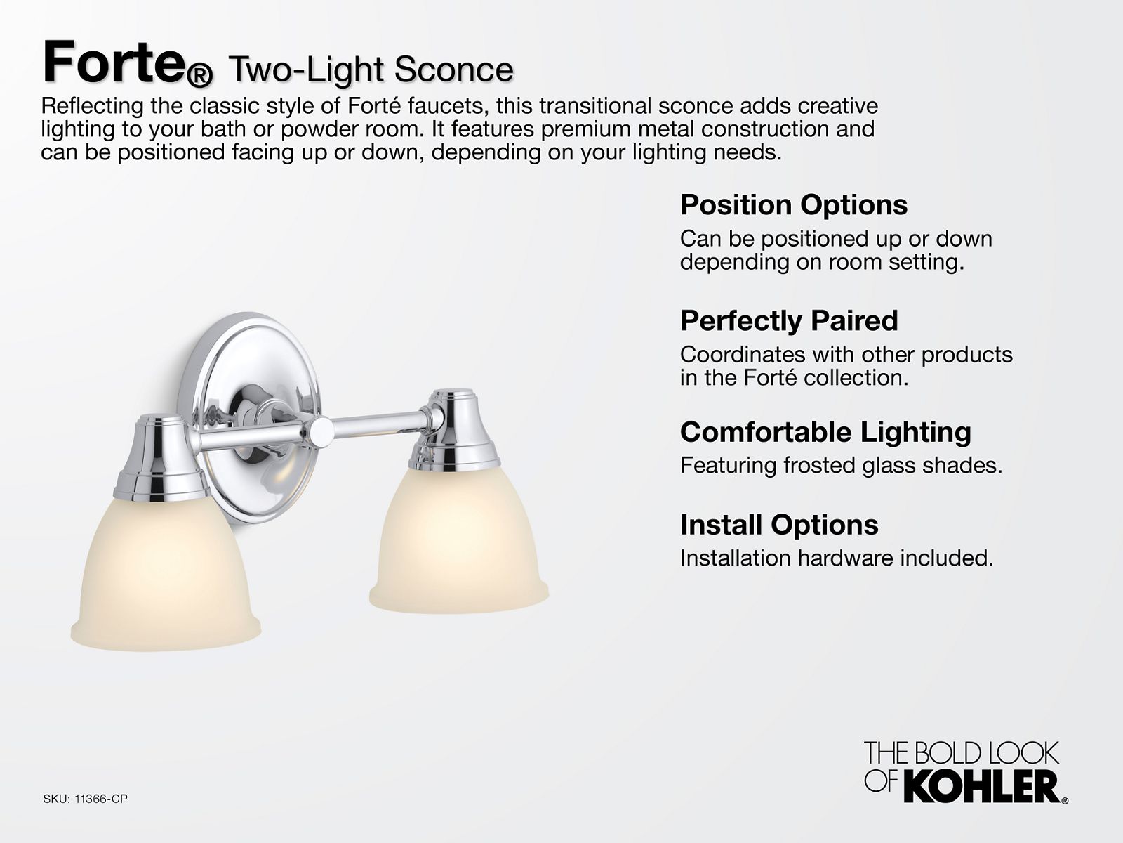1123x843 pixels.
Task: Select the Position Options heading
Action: coord(794,204)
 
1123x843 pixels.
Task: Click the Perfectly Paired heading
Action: coord(789,320)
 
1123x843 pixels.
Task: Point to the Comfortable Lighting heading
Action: coord(825,432)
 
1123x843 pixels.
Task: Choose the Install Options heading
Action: coord(779,525)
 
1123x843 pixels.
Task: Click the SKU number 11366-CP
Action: coord(101,799)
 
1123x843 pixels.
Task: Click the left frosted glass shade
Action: coord(165,573)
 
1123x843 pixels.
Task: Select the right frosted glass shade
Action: coord(459,540)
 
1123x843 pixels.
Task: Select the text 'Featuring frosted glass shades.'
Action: coord(841,465)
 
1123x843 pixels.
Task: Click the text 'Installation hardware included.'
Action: coord(837,558)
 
